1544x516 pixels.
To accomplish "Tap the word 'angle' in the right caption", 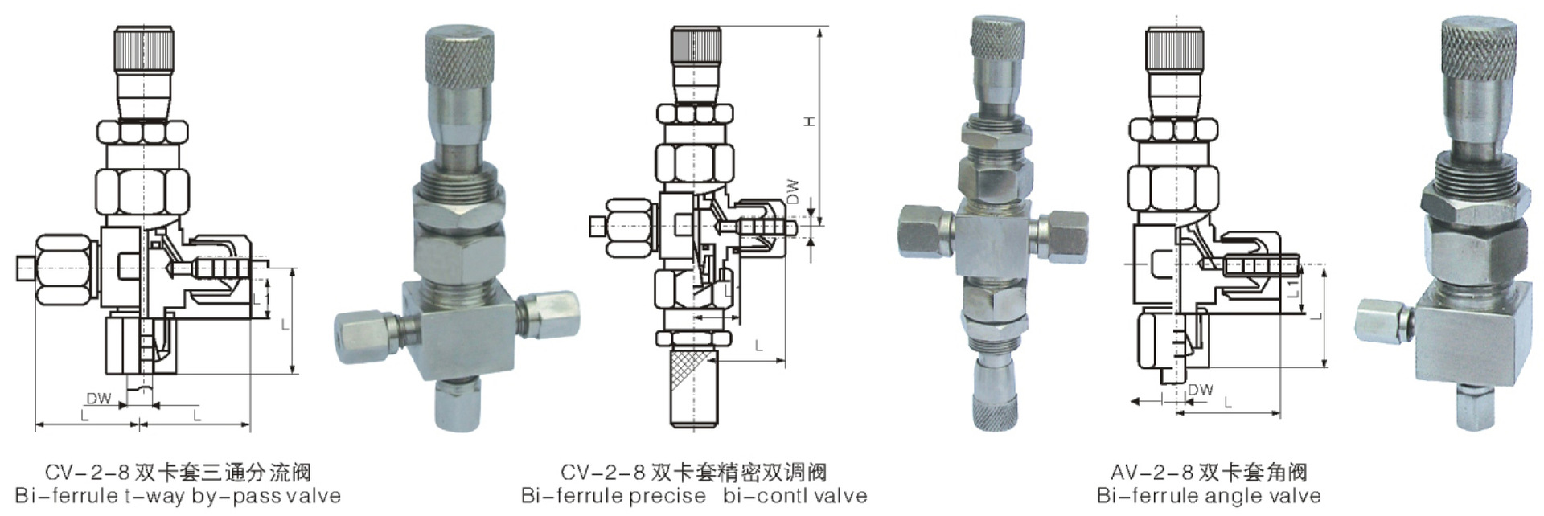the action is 1214,496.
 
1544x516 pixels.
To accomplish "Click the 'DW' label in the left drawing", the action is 99,398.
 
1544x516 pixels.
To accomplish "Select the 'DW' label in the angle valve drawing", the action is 1201,389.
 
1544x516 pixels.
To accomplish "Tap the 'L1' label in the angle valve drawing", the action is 1293,288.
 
